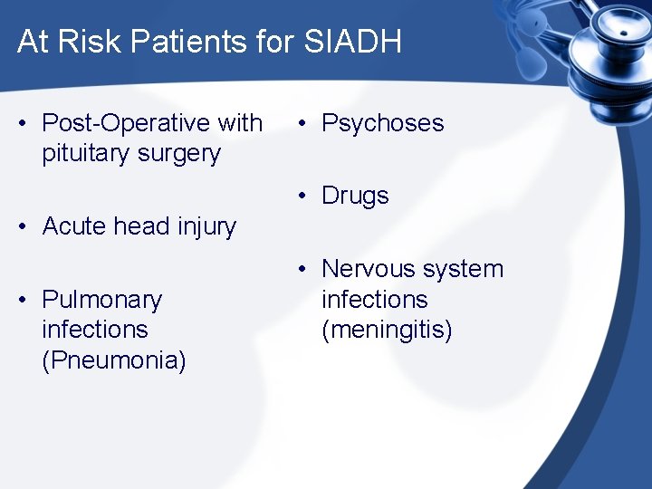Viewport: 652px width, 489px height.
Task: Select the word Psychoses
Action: click(383, 123)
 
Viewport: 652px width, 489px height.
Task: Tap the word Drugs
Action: click(355, 196)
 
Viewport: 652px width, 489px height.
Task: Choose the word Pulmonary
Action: click(102, 300)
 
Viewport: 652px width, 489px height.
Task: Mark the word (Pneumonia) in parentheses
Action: click(114, 360)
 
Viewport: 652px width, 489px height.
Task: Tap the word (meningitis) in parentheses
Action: click(387, 330)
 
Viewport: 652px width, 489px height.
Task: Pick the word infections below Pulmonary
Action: click(95, 330)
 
